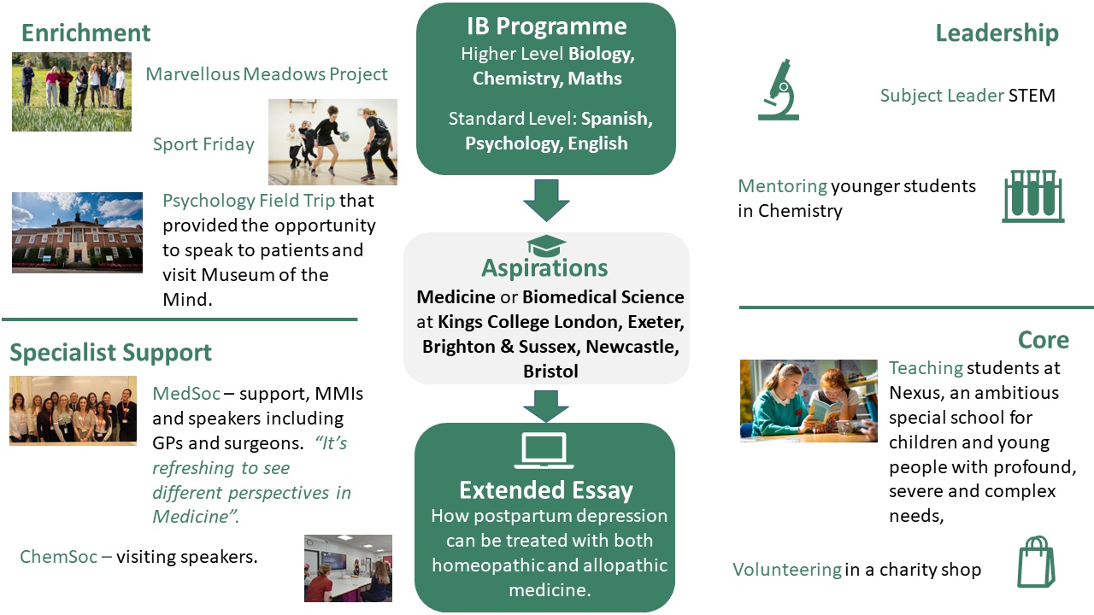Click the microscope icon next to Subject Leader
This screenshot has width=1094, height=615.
coord(778,90)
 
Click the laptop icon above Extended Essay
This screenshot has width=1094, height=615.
coord(544,451)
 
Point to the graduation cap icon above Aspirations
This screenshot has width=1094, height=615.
coord(546,246)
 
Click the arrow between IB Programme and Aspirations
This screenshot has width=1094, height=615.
coord(545,200)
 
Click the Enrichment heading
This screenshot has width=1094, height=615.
coord(85,32)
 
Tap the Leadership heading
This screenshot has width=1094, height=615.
coord(997,32)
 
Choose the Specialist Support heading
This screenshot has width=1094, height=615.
coord(111,352)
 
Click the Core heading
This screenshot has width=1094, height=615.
coord(1043,339)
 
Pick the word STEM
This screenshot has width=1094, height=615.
coord(1032,95)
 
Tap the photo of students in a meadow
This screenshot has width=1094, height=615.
coord(72,91)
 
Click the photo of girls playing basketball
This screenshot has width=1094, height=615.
coord(332,142)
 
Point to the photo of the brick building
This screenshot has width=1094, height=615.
coord(77,232)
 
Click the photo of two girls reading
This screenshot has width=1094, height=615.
coord(809,400)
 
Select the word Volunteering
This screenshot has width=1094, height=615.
coord(786,569)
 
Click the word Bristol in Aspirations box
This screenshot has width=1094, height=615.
coord(550,372)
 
